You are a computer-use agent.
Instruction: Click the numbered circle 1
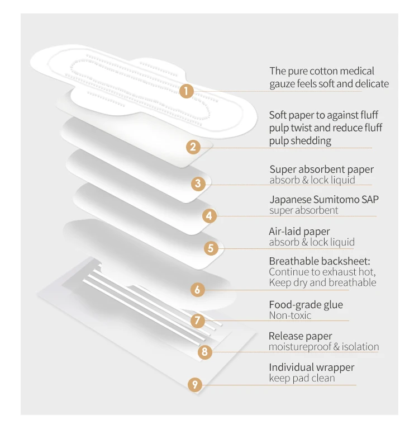186,91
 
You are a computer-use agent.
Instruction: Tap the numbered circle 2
193,147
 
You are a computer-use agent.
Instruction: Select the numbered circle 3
198,183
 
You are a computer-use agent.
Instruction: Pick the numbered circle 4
209,215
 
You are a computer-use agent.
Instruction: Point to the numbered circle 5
211,248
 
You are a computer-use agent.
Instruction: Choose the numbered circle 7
197,321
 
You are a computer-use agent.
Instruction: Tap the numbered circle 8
205,351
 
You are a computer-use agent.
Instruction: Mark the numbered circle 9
194,384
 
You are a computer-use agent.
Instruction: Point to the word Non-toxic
290,315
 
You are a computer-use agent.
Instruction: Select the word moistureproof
299,347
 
